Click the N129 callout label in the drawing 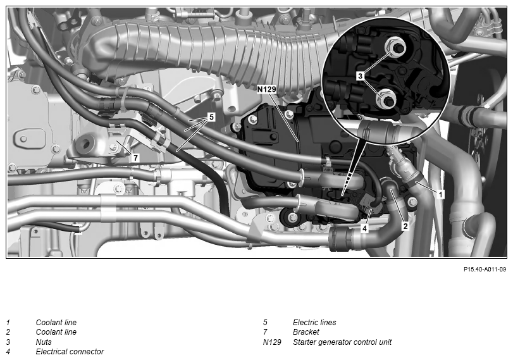tap(266, 89)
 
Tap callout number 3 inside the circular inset tap(360, 76)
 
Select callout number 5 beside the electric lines tap(211, 117)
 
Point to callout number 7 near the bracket tap(135, 158)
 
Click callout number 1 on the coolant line tap(441, 194)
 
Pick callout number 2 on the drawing tap(405, 226)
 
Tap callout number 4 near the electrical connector tap(365, 228)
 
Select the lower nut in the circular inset tap(387, 99)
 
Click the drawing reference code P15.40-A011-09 tap(485, 270)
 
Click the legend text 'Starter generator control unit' tap(342, 342)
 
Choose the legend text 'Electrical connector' tap(70, 352)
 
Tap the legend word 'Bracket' tap(306, 332)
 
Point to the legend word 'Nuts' tap(44, 342)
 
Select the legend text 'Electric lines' tap(314, 323)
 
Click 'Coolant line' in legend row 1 tap(56, 323)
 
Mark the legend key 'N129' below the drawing tap(272, 342)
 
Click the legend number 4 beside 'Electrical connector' tap(8, 352)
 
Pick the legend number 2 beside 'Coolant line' tap(8, 332)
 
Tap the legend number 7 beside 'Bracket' tap(265, 332)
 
